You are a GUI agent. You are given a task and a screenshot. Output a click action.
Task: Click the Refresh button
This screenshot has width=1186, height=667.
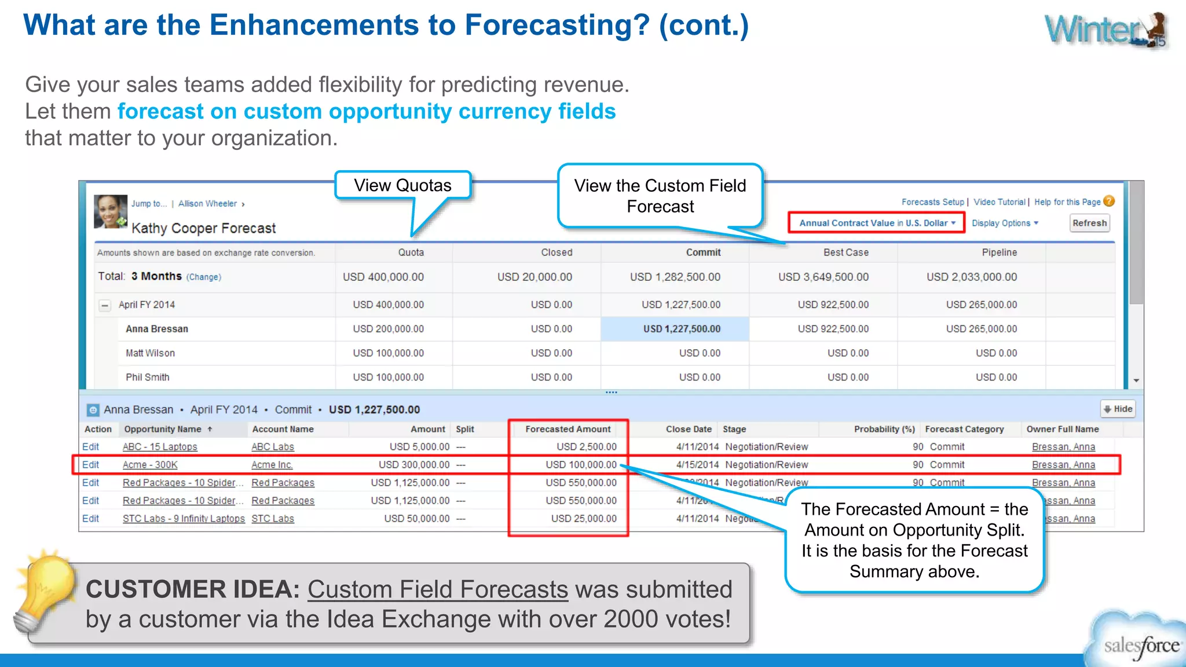tap(1089, 223)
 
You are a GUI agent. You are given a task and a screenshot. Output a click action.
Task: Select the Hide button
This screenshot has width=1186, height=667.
tap(1118, 409)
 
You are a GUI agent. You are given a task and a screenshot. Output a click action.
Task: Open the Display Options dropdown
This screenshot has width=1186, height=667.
tap(1005, 223)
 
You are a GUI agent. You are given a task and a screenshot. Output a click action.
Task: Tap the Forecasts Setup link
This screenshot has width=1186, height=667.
tap(932, 202)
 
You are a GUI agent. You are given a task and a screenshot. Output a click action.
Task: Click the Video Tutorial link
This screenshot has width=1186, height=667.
tap(999, 202)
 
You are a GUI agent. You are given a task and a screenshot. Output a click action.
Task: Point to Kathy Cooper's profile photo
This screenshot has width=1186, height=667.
tap(111, 211)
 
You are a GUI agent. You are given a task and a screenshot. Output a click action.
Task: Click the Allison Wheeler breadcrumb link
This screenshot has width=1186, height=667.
tap(207, 204)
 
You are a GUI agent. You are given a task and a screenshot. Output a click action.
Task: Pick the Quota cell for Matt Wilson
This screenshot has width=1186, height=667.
tap(388, 353)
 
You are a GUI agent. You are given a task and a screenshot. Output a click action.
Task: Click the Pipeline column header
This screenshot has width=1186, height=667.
tap(999, 252)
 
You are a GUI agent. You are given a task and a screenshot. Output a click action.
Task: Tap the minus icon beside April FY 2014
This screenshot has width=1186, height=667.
tap(105, 305)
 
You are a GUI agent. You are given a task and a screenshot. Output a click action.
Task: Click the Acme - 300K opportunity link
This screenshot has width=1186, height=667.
tap(150, 465)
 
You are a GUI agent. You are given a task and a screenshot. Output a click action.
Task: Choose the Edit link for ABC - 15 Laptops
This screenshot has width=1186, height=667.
tap(90, 447)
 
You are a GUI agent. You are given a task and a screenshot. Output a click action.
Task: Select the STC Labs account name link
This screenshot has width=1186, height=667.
tap(273, 519)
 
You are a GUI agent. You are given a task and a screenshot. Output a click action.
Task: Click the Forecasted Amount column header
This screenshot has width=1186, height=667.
tap(568, 429)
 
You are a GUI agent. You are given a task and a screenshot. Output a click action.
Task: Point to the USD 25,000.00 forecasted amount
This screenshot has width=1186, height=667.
tap(583, 519)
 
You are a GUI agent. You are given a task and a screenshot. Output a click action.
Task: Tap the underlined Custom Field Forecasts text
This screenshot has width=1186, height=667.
tap(437, 589)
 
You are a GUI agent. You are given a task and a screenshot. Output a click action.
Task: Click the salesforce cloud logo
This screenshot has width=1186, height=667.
tap(1138, 643)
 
